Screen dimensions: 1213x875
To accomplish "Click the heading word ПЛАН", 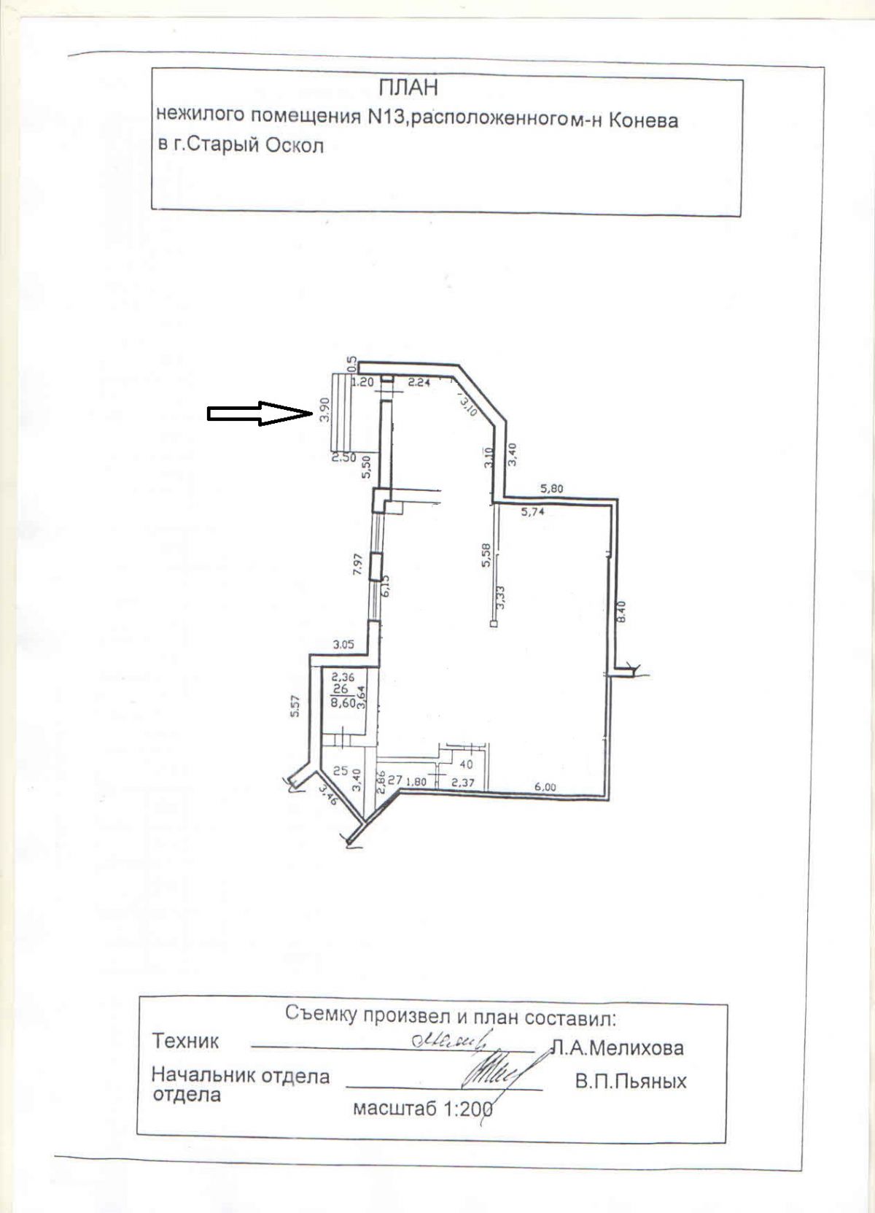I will (x=408, y=89).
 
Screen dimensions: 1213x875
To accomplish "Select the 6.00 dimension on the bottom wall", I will (x=545, y=787).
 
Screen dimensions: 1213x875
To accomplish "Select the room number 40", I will (x=467, y=764).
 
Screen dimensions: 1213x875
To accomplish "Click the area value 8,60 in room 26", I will (x=343, y=703).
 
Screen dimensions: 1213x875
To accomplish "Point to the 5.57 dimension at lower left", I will (x=295, y=705).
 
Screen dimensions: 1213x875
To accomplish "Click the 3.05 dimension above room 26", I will (x=343, y=644).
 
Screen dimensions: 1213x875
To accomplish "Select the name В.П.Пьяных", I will (x=630, y=1082).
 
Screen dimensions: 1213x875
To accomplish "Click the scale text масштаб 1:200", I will (x=423, y=1110).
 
